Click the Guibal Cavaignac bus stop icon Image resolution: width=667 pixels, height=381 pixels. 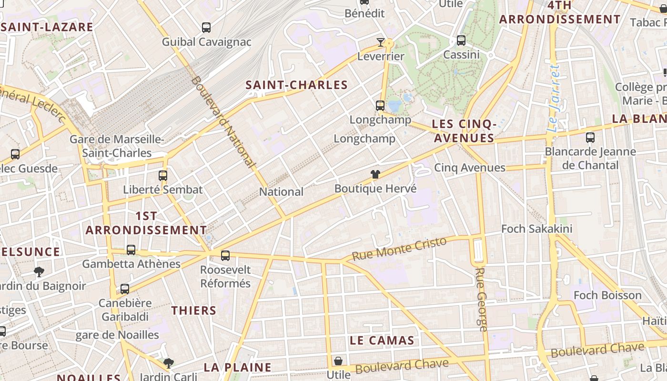coord(206,28)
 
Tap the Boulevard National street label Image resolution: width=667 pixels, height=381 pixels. coord(223,121)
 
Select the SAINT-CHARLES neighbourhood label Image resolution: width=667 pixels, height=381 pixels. coord(296,85)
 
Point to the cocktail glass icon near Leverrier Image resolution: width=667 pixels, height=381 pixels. coord(380,42)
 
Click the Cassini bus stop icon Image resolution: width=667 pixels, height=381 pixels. coord(461,40)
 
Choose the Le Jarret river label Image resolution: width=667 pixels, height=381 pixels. coord(554,99)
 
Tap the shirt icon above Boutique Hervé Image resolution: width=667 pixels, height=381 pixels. coord(375,174)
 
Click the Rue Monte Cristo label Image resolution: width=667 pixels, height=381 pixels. coord(399,248)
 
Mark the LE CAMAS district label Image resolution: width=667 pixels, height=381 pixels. coord(382,341)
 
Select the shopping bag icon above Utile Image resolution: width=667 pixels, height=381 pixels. coord(338,361)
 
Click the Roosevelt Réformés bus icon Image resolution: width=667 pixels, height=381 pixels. coord(225,256)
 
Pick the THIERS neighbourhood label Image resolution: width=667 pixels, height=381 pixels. coord(194,311)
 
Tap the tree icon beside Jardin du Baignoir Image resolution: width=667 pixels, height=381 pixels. coord(39,272)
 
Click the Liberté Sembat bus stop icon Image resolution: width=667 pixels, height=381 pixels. coord(163,175)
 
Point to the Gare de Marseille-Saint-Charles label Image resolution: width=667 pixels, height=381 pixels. coord(117,146)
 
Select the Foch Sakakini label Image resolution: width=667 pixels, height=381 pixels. coord(536,229)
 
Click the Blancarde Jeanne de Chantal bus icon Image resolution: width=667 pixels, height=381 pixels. coord(590,138)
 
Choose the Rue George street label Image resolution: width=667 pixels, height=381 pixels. coord(481,300)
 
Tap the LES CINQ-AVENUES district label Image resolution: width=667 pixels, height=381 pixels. coord(464,131)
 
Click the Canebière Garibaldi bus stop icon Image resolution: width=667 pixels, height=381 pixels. coord(125,289)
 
